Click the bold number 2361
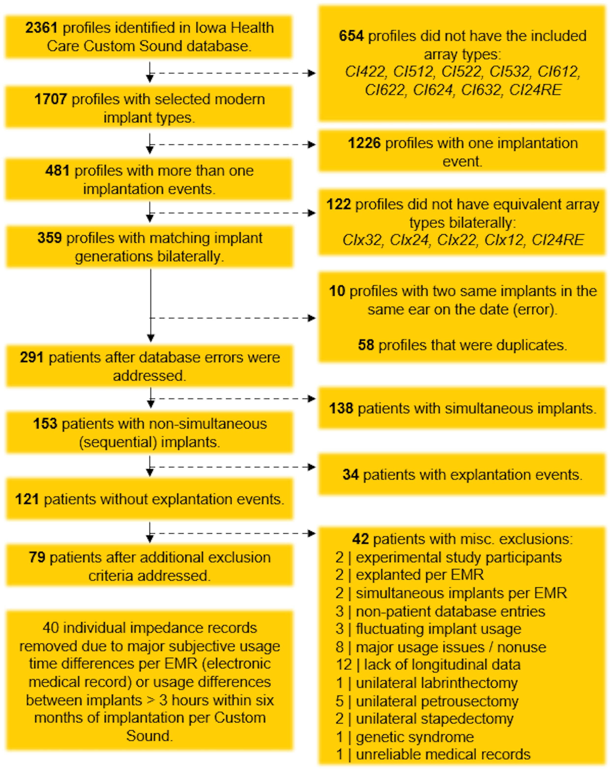click(x=41, y=28)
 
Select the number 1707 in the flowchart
click(x=50, y=100)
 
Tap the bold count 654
click(x=351, y=36)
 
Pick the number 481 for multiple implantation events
click(x=57, y=171)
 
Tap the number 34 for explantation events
click(x=350, y=475)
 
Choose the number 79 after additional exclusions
click(x=37, y=557)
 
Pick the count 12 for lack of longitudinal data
click(x=344, y=665)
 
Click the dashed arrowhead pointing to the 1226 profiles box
click(x=312, y=145)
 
